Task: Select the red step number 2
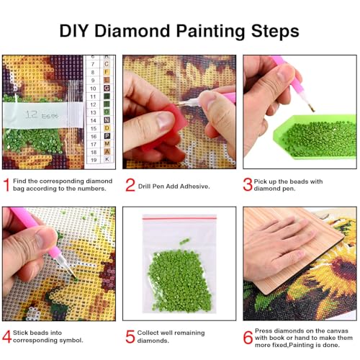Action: click(130, 186)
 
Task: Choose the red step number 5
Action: click(130, 336)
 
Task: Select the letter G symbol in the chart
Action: click(107, 87)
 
